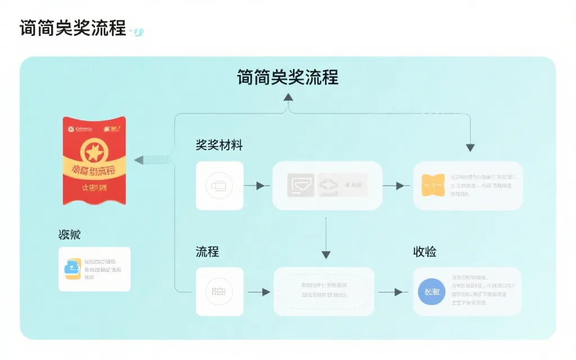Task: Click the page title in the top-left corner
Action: pos(73,28)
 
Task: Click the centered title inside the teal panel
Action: pos(287,77)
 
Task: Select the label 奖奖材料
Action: pos(219,145)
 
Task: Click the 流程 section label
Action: pos(207,251)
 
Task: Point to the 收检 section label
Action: pos(425,251)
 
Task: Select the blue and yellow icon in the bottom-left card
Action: pos(72,269)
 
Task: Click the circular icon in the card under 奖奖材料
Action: pos(219,186)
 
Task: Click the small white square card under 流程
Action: pos(219,291)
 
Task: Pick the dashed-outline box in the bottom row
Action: pos(324,291)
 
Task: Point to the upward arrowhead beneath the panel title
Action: pos(289,97)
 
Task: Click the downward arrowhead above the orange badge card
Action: pos(470,147)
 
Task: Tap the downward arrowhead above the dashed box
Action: pos(326,255)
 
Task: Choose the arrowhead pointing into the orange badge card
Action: pos(400,186)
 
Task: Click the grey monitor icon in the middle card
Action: pos(301,184)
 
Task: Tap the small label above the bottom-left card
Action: pos(69,235)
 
